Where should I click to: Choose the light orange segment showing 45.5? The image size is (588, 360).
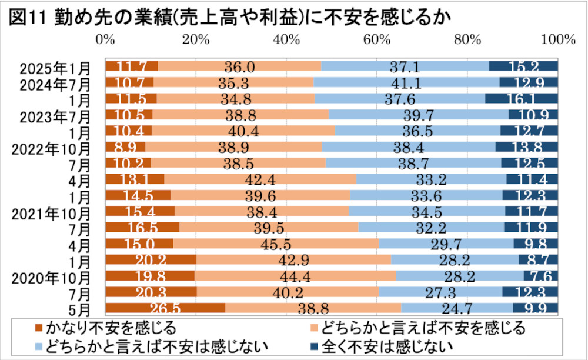pos(276,243)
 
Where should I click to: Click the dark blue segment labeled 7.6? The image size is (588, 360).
pos(540,275)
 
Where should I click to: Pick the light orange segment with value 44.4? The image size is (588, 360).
pos(295,275)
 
